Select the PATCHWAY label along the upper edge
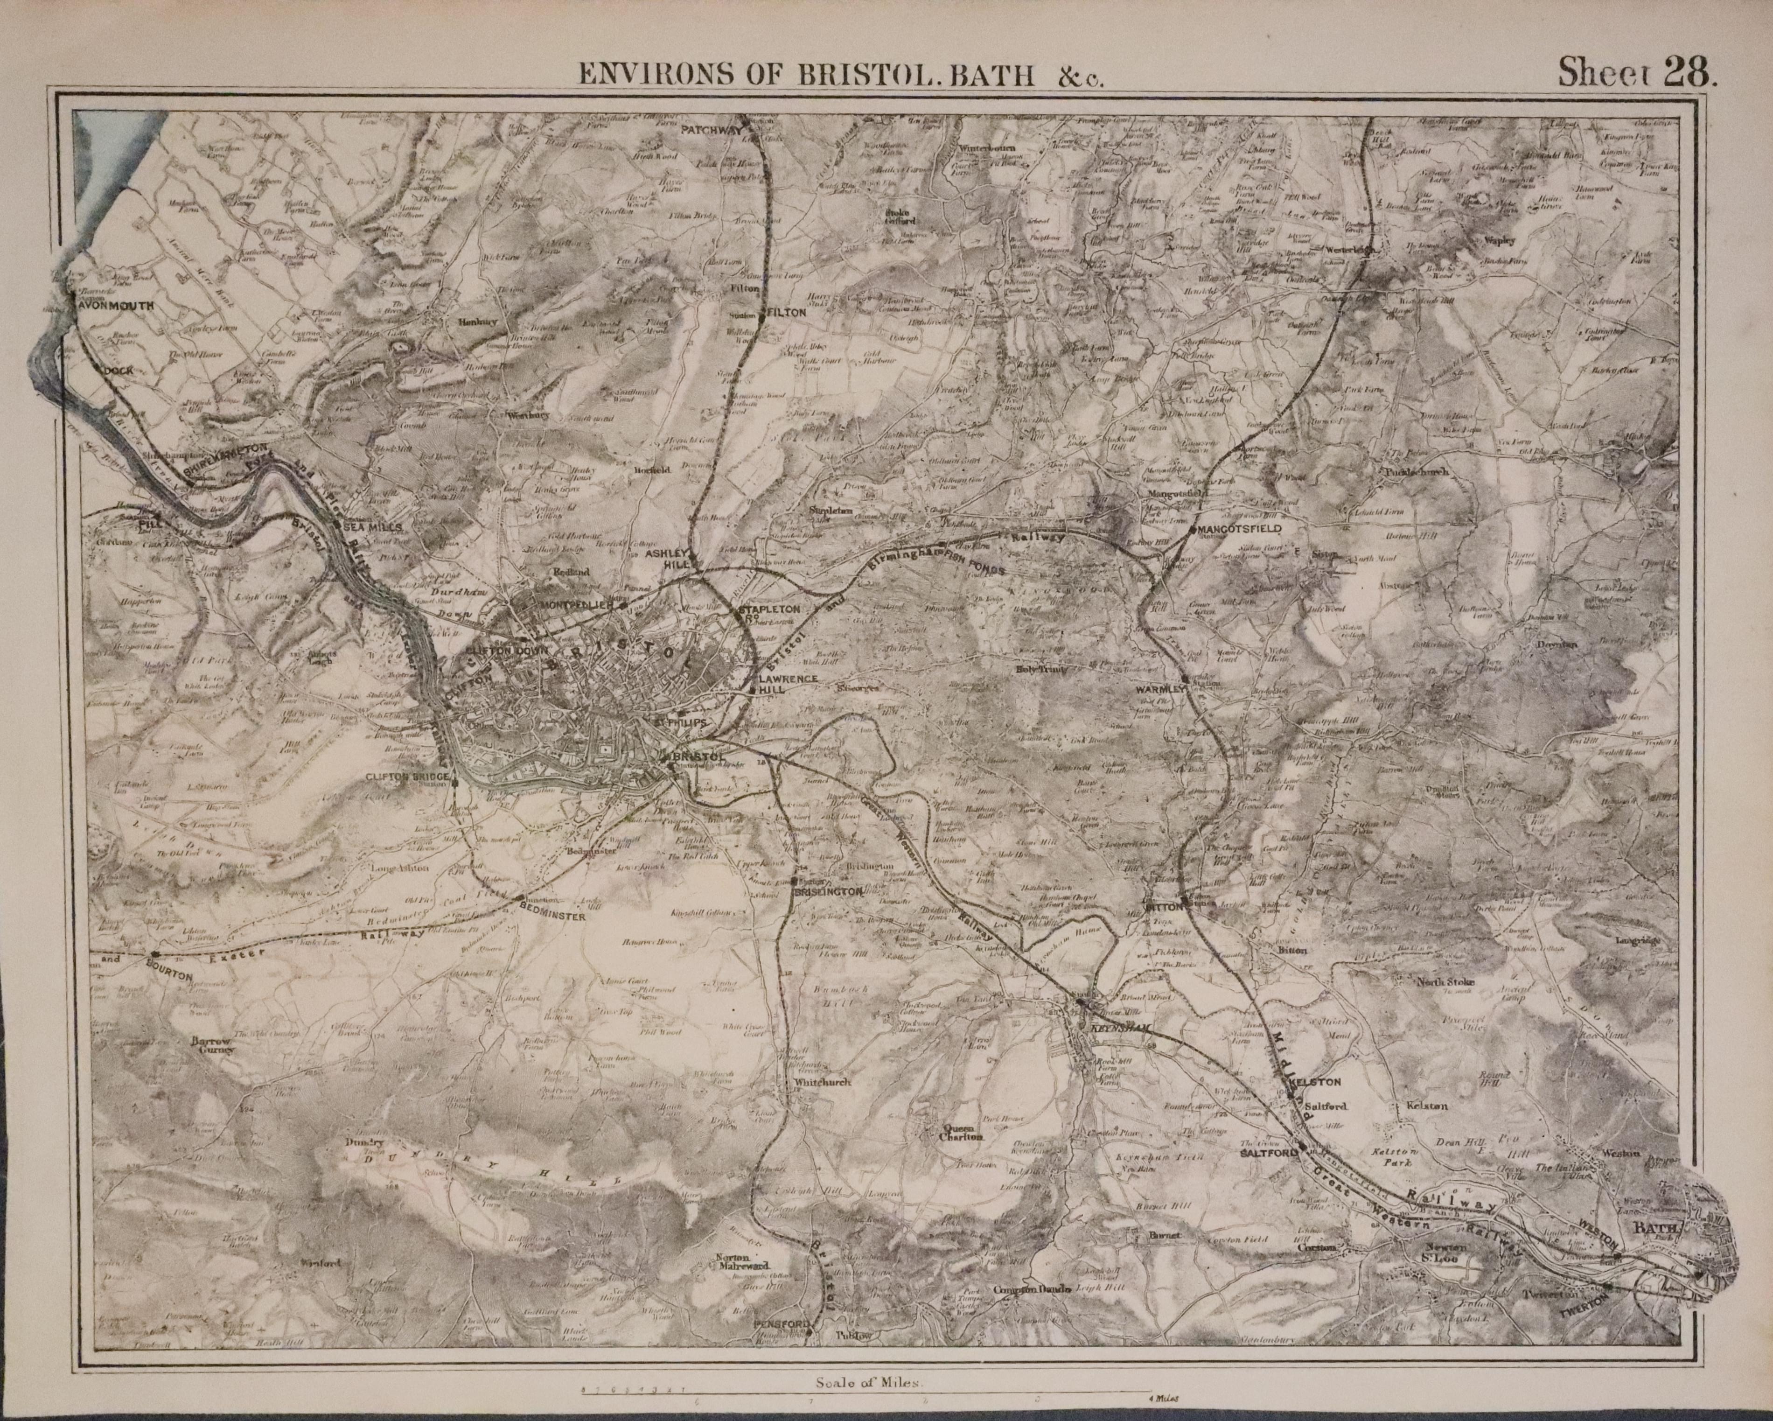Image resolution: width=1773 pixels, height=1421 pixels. point(712,130)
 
